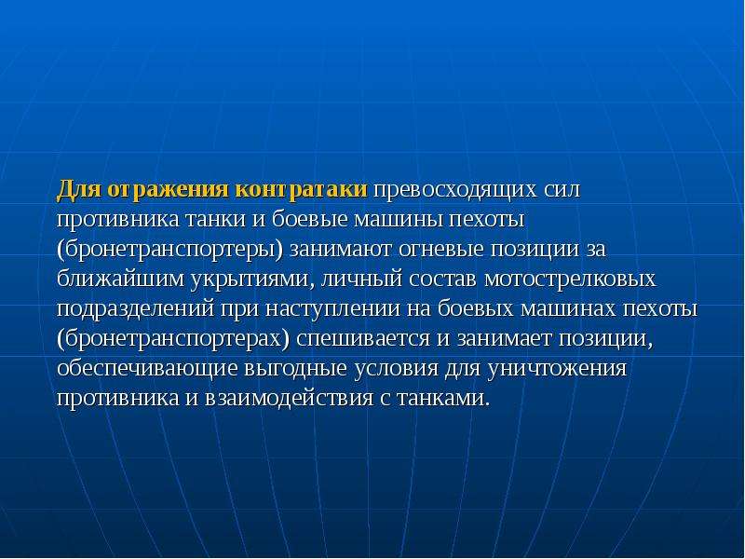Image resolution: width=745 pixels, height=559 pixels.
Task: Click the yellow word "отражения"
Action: [169, 190]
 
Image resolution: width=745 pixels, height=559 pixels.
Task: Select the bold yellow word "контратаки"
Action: [301, 189]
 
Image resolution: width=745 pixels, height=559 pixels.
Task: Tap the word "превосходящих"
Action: [455, 190]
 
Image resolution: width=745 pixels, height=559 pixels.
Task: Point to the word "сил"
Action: [562, 190]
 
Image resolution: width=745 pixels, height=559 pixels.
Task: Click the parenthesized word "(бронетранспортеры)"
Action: [169, 251]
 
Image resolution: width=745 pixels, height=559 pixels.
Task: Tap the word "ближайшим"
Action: [120, 279]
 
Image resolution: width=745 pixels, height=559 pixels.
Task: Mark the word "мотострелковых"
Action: [570, 279]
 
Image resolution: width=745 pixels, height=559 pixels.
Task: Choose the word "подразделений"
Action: [135, 309]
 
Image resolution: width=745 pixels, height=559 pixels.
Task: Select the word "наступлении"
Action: [332, 309]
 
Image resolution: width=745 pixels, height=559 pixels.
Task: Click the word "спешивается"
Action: [363, 338]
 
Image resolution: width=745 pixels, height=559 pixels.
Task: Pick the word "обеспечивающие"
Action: [147, 368]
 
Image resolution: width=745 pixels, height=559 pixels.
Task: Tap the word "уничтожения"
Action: [557, 368]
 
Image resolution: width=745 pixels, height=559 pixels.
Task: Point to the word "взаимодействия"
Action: [289, 398]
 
